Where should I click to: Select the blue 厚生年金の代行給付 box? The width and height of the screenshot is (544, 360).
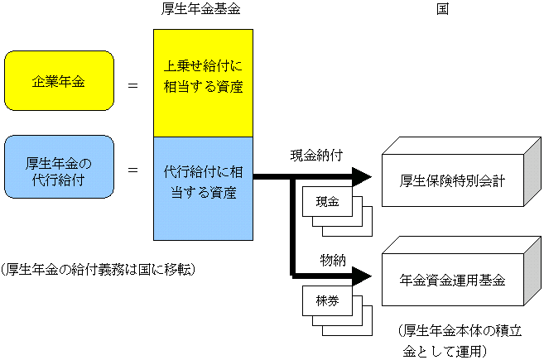coord(58,168)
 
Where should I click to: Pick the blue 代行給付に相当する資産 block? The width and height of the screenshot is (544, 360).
coord(203,183)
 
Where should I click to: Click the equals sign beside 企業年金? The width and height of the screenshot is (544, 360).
coord(132,84)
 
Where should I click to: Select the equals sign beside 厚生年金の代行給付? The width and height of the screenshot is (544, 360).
coord(132,169)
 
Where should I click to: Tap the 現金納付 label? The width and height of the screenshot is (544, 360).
coord(315,155)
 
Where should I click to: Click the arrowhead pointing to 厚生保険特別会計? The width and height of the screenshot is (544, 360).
coord(362,176)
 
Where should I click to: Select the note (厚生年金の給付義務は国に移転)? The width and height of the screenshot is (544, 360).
coord(98,270)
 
